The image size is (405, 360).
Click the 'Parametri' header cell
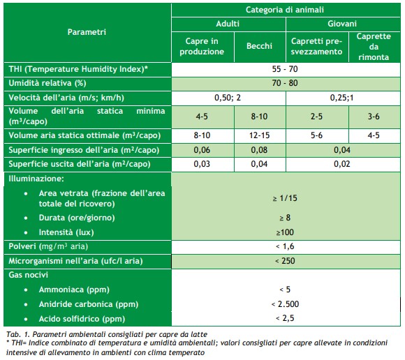87,32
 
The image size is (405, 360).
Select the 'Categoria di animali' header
285,10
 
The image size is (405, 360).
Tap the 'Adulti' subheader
228,24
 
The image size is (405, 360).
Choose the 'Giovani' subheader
342,24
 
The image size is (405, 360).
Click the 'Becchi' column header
259,46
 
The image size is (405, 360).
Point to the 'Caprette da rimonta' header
374,47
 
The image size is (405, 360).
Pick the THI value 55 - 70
285,69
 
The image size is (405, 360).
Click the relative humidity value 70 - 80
285,83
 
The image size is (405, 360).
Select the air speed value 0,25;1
341,98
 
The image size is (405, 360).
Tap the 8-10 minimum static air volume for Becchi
259,117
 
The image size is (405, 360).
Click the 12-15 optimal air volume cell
259,135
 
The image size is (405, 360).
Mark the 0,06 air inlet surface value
202,150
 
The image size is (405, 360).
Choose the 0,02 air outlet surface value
341,164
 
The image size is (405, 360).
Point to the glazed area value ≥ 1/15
285,198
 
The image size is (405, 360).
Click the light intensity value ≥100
285,232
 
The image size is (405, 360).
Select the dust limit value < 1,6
285,246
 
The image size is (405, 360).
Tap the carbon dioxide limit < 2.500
285,304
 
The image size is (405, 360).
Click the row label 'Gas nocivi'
29,275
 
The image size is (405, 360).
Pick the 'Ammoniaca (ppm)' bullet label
74,290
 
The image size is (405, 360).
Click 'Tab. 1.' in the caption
18,334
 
